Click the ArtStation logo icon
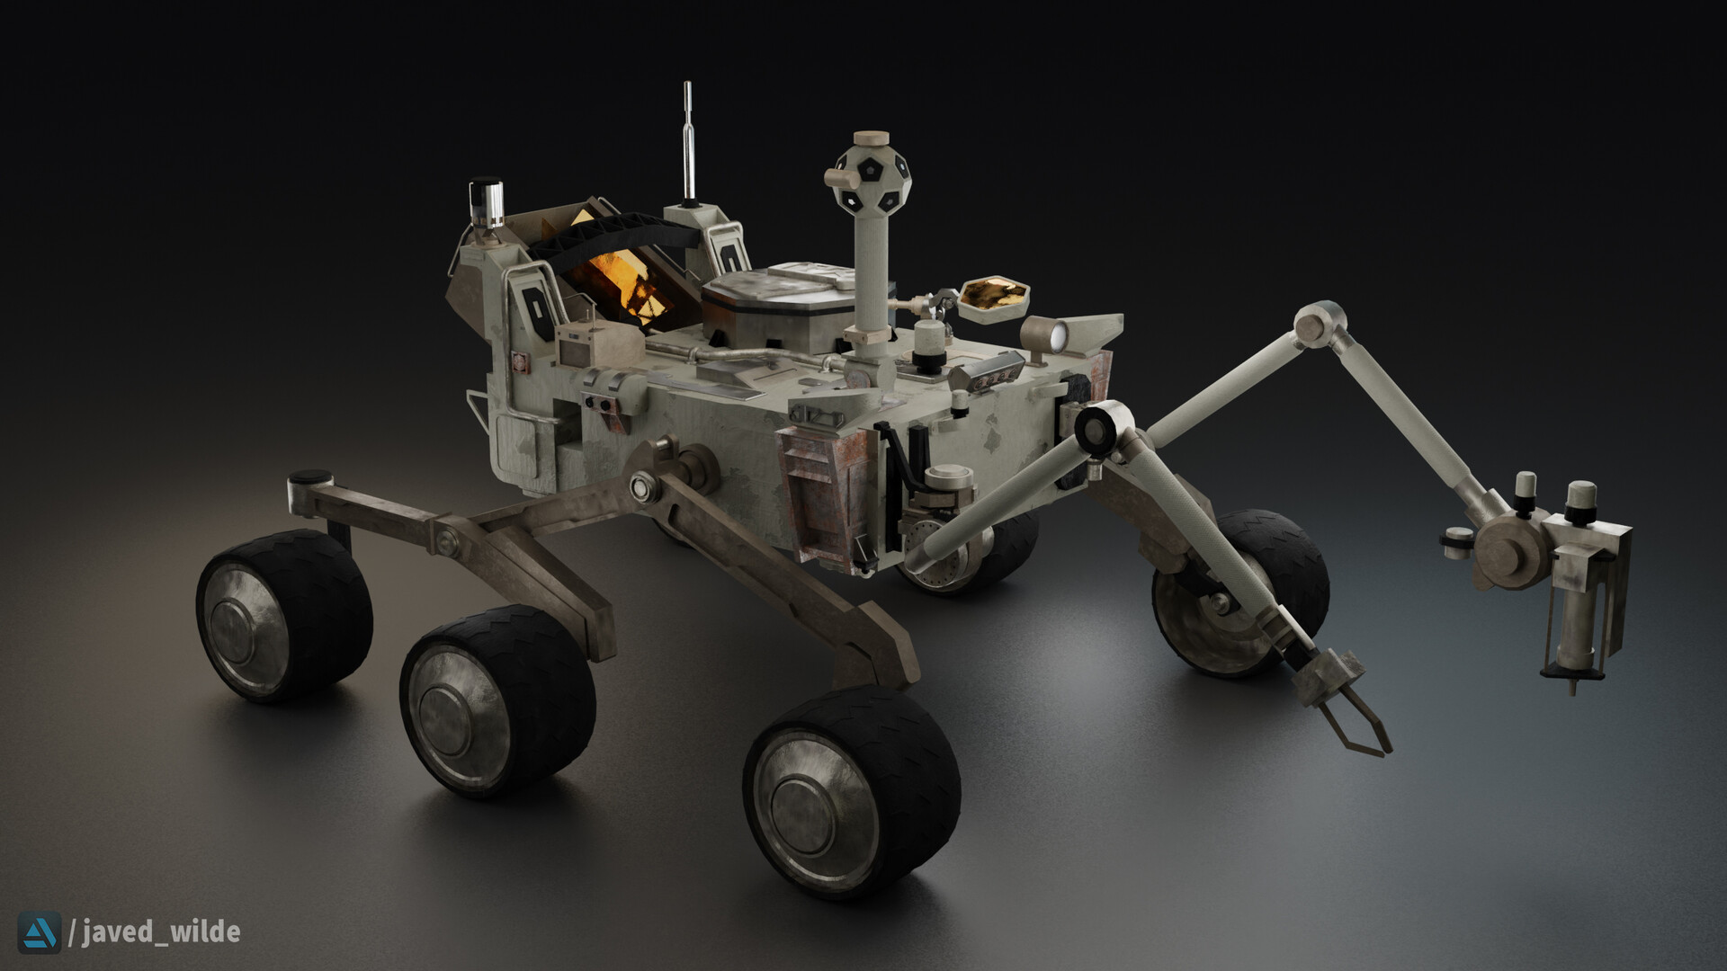pyautogui.click(x=40, y=931)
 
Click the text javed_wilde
pyautogui.click(x=160, y=931)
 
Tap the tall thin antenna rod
pyautogui.click(x=689, y=144)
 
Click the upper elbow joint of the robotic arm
pyautogui.click(x=1320, y=324)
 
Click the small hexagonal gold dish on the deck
pyautogui.click(x=994, y=297)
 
